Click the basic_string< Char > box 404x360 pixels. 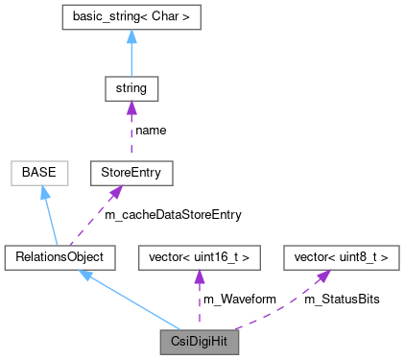pos(130,17)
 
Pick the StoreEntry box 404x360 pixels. pos(130,173)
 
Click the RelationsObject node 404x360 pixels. pos(59,256)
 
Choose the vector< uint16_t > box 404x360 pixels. pos(200,256)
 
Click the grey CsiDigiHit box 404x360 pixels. pos(200,340)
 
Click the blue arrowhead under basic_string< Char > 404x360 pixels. pos(130,37)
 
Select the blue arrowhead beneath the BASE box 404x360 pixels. pos(44,193)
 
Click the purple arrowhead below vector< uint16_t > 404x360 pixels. pos(200,276)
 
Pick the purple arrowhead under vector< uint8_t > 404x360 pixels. pos(325,276)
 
